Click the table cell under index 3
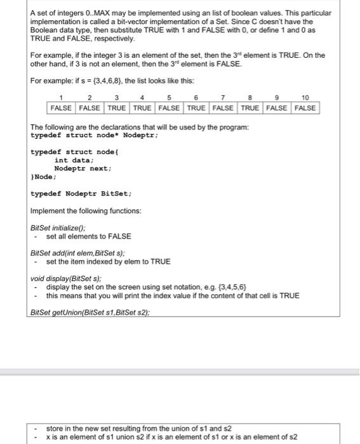(116, 108)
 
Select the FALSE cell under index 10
(305, 108)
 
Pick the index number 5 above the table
(169, 98)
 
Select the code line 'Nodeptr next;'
(83, 169)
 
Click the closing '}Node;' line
(44, 177)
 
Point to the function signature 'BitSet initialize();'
(58, 228)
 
